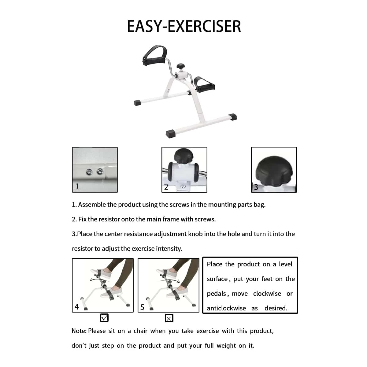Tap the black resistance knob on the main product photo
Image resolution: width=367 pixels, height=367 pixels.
(x=180, y=66)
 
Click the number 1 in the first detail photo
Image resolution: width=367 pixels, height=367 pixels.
(x=77, y=187)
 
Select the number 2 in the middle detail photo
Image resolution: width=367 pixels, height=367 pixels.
(x=166, y=187)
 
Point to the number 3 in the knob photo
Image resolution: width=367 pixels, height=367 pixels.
(x=256, y=187)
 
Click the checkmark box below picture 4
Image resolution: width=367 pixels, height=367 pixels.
(x=104, y=318)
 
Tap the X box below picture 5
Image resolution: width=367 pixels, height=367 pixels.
(x=169, y=318)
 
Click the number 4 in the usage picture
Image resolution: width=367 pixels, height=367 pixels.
(x=76, y=307)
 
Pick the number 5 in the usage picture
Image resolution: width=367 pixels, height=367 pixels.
(x=142, y=307)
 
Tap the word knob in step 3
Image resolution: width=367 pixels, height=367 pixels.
(x=195, y=234)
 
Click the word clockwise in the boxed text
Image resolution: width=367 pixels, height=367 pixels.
(x=267, y=294)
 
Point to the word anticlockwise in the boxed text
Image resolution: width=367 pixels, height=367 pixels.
(x=226, y=308)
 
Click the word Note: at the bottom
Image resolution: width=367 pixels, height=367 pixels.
(x=79, y=331)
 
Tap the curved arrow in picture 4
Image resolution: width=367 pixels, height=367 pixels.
(x=100, y=279)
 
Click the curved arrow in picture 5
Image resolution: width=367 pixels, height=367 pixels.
(x=169, y=280)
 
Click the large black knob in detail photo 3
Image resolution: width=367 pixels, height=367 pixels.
(x=274, y=171)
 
